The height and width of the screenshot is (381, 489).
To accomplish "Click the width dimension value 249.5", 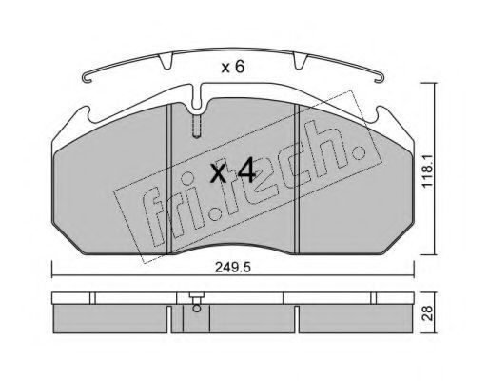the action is (x=233, y=268).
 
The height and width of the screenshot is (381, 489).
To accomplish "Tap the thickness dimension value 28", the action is (x=429, y=312).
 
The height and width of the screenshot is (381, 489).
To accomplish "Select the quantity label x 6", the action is (x=233, y=68).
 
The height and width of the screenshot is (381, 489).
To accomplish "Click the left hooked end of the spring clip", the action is (x=88, y=77).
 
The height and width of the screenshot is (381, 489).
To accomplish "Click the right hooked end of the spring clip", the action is (x=379, y=77).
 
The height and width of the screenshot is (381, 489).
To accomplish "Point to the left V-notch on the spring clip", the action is (x=166, y=61).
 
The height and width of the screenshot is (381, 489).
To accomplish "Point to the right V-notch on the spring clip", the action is (x=300, y=61).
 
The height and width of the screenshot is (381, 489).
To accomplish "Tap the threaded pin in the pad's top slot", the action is (x=197, y=127).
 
